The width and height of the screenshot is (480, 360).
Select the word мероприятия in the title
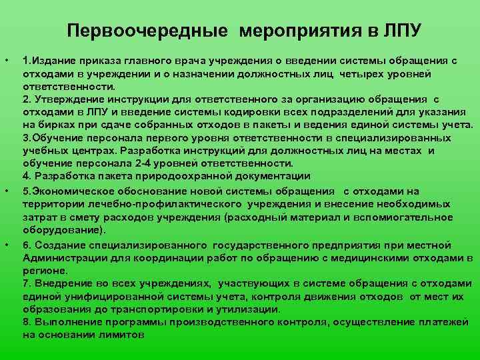click(283, 31)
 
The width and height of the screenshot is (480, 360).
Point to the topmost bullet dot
click(8, 61)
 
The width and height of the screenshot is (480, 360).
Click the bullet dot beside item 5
click(8, 192)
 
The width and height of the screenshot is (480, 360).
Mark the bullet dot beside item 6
click(8, 245)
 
